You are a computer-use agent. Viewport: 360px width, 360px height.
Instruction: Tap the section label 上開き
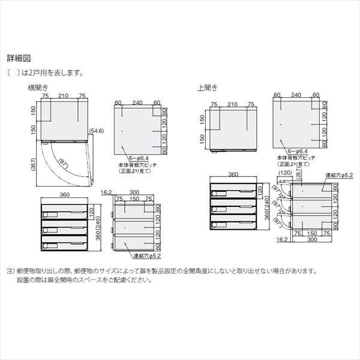[208, 87]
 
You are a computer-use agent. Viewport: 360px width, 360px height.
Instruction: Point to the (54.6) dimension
[97, 130]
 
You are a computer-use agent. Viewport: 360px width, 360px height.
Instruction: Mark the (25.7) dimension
[299, 175]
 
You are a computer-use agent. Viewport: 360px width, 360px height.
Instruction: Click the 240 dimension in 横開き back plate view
[138, 103]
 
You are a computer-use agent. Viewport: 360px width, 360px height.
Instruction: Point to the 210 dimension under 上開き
[232, 103]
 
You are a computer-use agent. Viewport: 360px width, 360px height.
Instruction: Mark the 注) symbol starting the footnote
[10, 271]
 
